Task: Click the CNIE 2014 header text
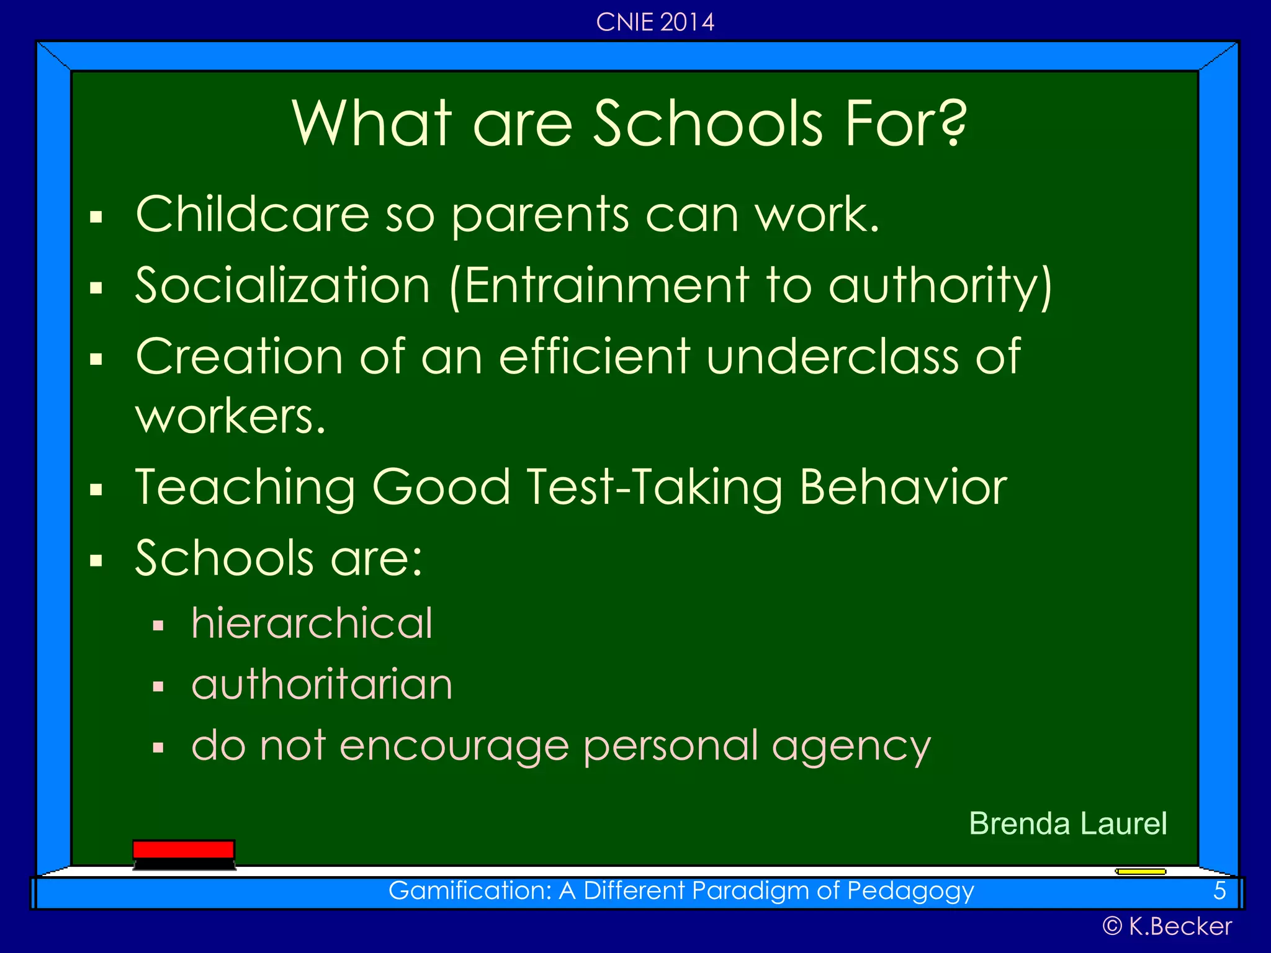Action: point(655,22)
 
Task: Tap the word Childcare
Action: point(253,214)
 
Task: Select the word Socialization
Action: point(282,285)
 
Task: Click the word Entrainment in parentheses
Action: point(606,285)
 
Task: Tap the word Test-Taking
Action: point(655,488)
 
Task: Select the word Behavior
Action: point(903,488)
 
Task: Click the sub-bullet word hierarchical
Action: point(312,623)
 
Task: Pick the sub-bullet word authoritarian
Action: point(321,684)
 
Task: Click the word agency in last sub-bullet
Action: point(851,746)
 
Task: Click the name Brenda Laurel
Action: point(1067,824)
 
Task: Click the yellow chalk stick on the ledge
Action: point(1141,872)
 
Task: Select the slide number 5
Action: point(1219,891)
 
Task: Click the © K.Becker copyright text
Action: point(1167,926)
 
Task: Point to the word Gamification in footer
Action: point(469,891)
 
